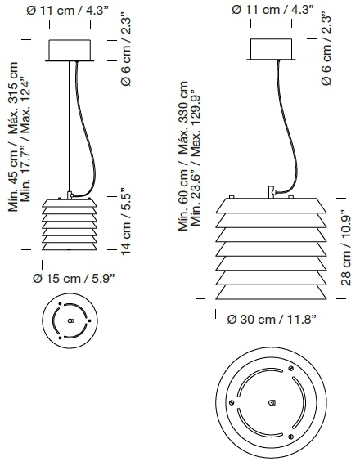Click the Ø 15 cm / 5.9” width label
(x=74, y=279)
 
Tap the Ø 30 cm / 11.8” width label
(x=272, y=320)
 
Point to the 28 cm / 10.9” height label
(x=346, y=248)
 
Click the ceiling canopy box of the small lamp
(x=70, y=50)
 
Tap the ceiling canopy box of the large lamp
(x=271, y=49)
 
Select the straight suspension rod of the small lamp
(x=70, y=126)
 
